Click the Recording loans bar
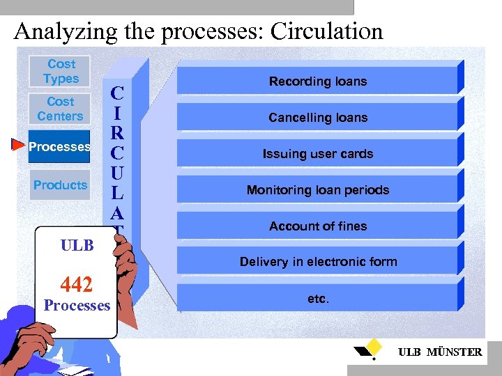[318, 81]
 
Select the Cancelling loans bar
[318, 118]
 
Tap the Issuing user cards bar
[318, 154]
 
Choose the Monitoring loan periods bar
[318, 190]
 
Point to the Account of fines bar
[318, 226]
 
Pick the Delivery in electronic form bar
[318, 262]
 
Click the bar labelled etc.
[318, 299]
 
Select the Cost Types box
[61, 72]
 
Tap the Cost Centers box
[60, 109]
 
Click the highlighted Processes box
[60, 147]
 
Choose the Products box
[60, 185]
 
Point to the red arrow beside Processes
[18, 145]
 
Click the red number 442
[77, 284]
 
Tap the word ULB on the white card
[77, 246]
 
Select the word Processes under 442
[77, 306]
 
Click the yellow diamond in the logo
[375, 346]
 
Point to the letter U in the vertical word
[118, 171]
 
